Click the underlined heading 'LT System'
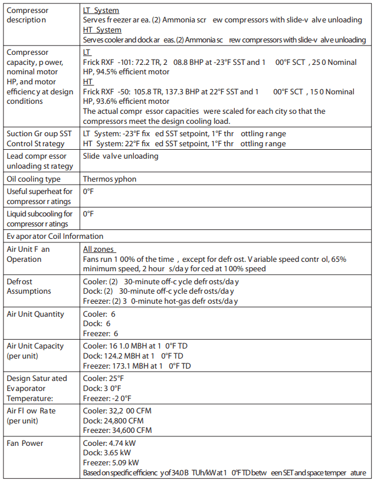coord(101,11)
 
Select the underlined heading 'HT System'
coord(102,29)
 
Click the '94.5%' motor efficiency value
coord(107,71)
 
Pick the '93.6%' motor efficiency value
coord(107,101)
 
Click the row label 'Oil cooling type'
coord(34,179)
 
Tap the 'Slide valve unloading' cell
coord(120,156)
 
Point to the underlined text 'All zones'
coord(99,249)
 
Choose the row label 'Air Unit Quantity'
coord(35,314)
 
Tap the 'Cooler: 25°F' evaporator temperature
coord(103,379)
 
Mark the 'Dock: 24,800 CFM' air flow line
coord(113,420)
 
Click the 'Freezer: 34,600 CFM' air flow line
coord(117,431)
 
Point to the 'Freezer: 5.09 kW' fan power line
coord(111,463)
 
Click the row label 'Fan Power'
coord(24,443)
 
